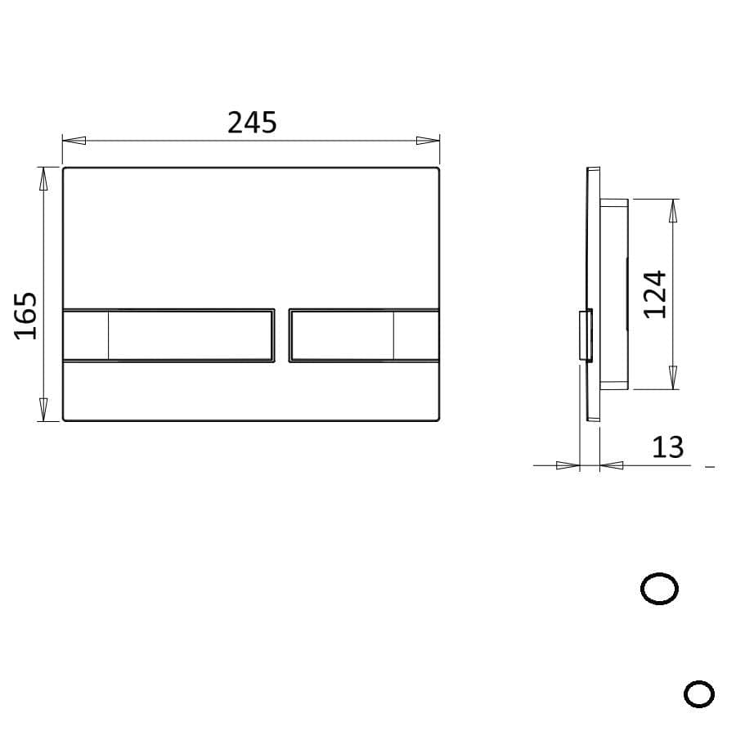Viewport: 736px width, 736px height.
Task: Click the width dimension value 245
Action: (252, 123)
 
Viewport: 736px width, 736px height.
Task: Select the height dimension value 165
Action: (26, 314)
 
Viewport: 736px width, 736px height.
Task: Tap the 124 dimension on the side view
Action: (655, 294)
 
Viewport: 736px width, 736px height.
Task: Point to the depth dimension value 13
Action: (667, 447)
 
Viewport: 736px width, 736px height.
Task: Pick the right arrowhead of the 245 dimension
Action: (428, 140)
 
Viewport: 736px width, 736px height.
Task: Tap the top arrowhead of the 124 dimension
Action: (672, 211)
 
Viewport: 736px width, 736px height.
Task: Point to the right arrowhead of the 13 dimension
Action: (611, 465)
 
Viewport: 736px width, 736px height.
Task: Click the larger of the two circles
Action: (659, 589)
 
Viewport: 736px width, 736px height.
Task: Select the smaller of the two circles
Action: (698, 694)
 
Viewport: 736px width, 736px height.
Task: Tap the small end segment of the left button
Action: (86, 334)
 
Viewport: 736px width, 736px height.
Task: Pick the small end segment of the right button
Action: (415, 334)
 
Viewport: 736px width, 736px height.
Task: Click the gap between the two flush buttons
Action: (281, 334)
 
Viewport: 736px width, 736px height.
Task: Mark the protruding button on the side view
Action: (586, 335)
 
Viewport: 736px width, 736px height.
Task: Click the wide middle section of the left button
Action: (191, 334)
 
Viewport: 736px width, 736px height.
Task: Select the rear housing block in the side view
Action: (614, 294)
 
